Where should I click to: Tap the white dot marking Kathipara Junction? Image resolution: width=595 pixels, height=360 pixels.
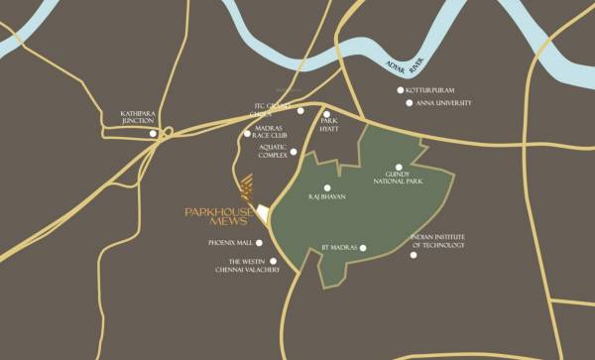tap(152, 133)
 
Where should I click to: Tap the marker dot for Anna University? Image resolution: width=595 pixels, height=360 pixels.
tap(408, 103)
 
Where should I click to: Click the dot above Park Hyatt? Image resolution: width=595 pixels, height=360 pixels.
tap(326, 114)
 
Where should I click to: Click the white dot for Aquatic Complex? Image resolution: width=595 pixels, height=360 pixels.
tap(294, 152)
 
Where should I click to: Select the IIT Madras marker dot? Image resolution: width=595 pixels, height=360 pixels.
tap(364, 247)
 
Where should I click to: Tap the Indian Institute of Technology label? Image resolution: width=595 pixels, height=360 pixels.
tap(437, 241)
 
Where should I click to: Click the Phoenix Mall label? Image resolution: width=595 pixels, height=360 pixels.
tap(231, 242)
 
